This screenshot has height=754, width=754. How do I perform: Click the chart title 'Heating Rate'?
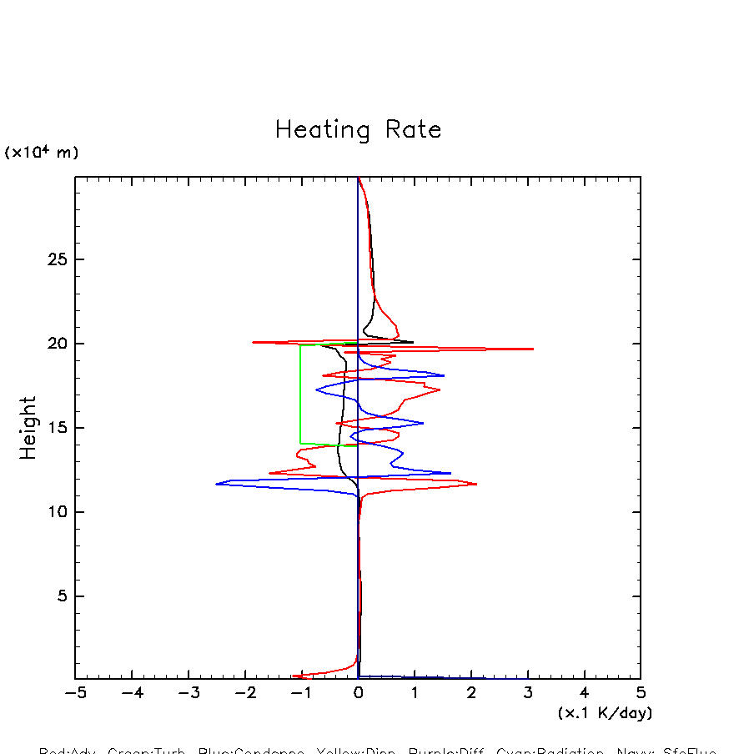(358, 130)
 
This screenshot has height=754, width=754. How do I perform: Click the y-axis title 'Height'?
(28, 428)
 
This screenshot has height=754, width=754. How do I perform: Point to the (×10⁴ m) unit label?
(42, 153)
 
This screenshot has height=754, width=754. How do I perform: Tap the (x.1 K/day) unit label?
(605, 713)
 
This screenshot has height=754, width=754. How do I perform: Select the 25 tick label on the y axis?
(57, 259)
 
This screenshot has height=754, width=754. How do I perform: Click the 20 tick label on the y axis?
(57, 344)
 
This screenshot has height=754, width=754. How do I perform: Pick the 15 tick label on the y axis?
(57, 428)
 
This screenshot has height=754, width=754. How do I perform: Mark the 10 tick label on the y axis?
(57, 512)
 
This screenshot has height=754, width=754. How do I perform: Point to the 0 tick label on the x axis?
(358, 693)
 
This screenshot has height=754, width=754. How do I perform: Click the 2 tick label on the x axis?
(471, 693)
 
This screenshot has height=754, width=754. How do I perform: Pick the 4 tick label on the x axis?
(584, 693)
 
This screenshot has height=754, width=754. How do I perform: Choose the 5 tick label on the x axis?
(641, 693)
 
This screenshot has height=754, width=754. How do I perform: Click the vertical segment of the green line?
(301, 392)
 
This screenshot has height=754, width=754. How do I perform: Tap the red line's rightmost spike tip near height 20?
(532, 349)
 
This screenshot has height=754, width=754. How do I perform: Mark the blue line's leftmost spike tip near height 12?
(217, 484)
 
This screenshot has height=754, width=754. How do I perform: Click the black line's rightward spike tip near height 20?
(412, 342)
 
